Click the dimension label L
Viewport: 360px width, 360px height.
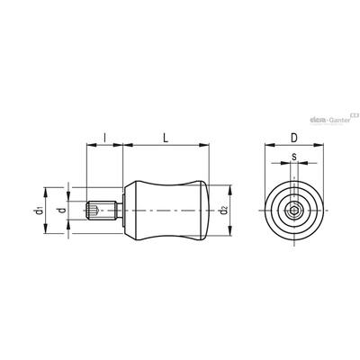(166, 138)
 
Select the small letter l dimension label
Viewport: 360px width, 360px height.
(104, 138)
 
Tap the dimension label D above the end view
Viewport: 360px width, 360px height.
(294, 138)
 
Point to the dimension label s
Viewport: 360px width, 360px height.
(294, 156)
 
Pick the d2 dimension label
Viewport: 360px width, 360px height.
(223, 211)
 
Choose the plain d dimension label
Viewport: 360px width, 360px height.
(62, 210)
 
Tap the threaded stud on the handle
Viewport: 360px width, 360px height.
(101, 211)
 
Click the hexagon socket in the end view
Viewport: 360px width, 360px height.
(294, 211)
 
